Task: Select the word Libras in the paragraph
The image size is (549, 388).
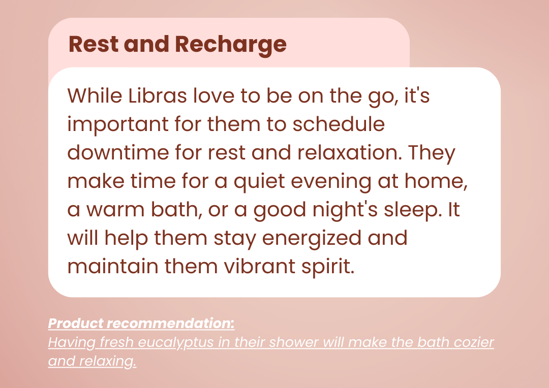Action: pos(158,95)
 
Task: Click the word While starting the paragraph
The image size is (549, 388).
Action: pos(95,95)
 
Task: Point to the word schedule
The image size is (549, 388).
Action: pos(339,124)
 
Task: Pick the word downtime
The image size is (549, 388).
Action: pos(117,152)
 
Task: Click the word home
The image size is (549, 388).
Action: pos(436,181)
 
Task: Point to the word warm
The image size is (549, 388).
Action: pos(115,210)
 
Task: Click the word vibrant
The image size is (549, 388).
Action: pos(259,266)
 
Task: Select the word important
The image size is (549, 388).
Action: pos(117,125)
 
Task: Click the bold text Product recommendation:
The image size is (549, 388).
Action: pos(141,324)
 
